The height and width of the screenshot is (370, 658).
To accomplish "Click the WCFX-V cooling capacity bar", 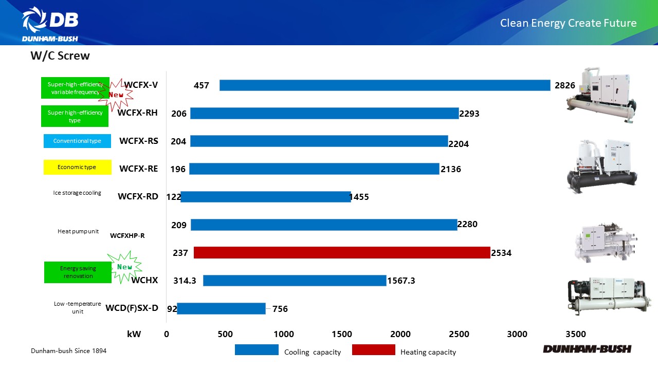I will pyautogui.click(x=385, y=85).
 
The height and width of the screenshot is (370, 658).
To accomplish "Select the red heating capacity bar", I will pyautogui.click(x=342, y=252).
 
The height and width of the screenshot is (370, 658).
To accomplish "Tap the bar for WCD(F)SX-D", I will pyautogui.click(x=221, y=308).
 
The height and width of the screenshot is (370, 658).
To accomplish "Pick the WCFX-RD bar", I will pyautogui.click(x=265, y=197).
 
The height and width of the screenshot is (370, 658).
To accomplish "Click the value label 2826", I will pyautogui.click(x=565, y=85).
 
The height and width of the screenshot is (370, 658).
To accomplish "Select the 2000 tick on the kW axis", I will pyautogui.click(x=400, y=334).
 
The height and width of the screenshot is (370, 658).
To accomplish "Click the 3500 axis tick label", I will pyautogui.click(x=575, y=334).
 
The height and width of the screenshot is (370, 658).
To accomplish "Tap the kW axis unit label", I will pyautogui.click(x=134, y=334).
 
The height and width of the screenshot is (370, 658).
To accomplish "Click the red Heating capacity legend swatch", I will pyautogui.click(x=373, y=350).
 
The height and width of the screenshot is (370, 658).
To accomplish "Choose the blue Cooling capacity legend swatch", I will pyautogui.click(x=256, y=350).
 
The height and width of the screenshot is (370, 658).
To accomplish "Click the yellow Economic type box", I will pyautogui.click(x=77, y=167).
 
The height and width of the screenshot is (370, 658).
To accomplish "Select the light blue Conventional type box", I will pyautogui.click(x=77, y=141).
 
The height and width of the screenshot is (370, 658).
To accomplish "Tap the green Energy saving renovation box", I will pyautogui.click(x=78, y=272).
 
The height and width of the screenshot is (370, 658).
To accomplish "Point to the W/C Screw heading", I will pyautogui.click(x=60, y=56).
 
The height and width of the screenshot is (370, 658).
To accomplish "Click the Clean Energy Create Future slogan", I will pyautogui.click(x=568, y=23).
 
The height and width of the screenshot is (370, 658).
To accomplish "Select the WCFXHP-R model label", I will pyautogui.click(x=127, y=236).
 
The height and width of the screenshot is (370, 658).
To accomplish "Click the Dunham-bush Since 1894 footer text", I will pyautogui.click(x=68, y=350).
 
